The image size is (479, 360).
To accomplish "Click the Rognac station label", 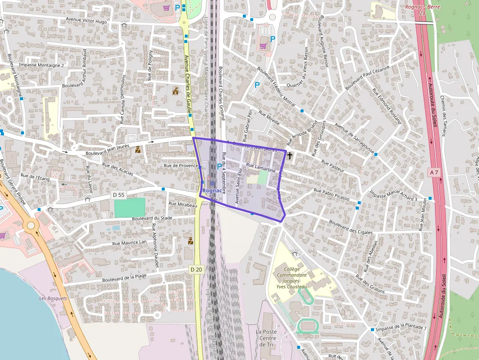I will (x=212, y=190).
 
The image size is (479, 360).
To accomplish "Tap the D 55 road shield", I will (x=118, y=194).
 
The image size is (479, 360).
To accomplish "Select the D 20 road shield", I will (x=196, y=269).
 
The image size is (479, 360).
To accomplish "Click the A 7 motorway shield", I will (x=435, y=172).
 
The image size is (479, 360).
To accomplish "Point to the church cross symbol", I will (x=290, y=155).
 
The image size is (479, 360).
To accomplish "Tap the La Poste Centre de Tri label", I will (x=267, y=338).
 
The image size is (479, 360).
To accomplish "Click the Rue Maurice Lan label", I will (x=130, y=242).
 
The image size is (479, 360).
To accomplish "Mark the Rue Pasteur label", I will (x=333, y=166).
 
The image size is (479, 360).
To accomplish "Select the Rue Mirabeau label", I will (x=182, y=204).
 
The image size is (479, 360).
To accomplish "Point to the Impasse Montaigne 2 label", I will (x=42, y=65).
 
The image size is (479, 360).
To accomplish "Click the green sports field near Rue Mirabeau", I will (x=130, y=208).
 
